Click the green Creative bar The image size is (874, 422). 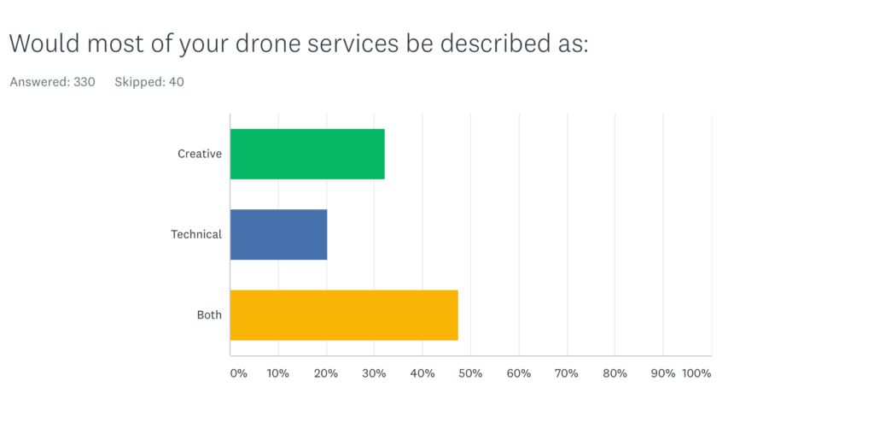click(x=307, y=154)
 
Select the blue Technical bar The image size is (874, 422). click(x=278, y=234)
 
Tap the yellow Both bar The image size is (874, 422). click(x=344, y=315)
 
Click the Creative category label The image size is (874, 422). click(x=200, y=154)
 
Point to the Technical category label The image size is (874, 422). click(x=196, y=234)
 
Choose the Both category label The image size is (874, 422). click(x=209, y=315)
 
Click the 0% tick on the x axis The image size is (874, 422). click(x=238, y=373)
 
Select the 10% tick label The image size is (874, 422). click(x=278, y=373)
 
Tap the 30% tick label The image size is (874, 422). click(x=375, y=373)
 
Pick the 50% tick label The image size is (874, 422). click(x=471, y=373)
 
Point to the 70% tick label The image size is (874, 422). click(x=568, y=373)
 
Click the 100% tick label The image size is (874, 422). click(x=696, y=373)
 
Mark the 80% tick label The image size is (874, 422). click(x=615, y=373)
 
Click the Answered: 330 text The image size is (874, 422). click(x=52, y=82)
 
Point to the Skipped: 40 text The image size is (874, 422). click(x=149, y=82)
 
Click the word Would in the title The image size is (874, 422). click(x=41, y=44)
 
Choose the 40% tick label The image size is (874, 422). click(x=422, y=373)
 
